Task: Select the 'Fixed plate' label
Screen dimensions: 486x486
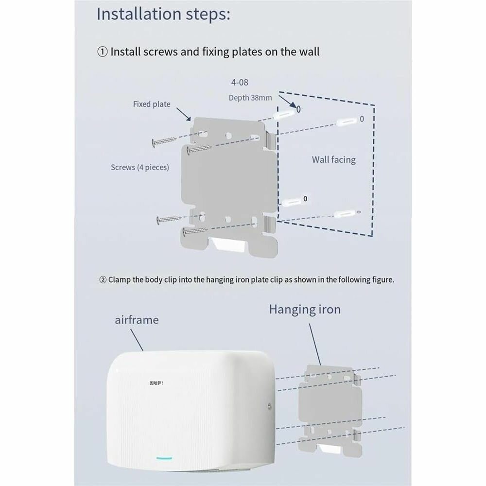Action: [x=152, y=104]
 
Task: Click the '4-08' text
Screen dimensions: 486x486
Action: [x=239, y=83]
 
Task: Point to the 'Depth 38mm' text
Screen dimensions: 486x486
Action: [x=250, y=98]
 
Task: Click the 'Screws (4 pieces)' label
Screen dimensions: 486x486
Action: [x=140, y=167]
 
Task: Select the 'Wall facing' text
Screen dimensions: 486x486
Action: [x=333, y=159]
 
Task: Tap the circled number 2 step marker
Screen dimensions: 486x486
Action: [x=103, y=280]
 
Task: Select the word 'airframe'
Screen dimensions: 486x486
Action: [x=137, y=320]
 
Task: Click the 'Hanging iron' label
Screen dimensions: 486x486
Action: [x=305, y=310]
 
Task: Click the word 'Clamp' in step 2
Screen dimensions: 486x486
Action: [x=119, y=280]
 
